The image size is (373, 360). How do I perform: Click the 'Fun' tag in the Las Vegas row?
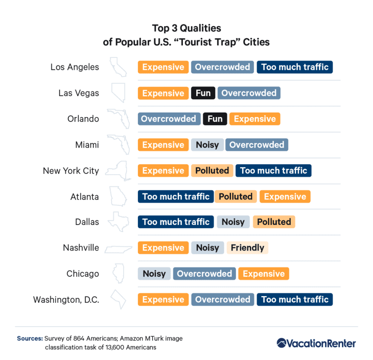point(203,93)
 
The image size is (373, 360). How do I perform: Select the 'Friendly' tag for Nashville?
point(247,248)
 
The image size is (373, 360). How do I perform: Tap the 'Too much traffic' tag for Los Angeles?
point(295,67)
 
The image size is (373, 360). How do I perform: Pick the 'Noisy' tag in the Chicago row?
point(154,274)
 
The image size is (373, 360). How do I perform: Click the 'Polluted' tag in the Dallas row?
point(274,222)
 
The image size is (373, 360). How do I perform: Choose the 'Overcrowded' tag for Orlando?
point(169,119)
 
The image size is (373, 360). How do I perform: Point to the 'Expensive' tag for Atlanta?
point(285,196)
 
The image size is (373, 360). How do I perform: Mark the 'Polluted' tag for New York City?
point(212,170)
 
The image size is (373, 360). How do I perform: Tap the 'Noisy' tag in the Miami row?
point(207,145)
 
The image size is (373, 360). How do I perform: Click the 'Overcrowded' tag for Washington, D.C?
point(223,299)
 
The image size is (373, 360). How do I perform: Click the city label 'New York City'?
point(71,171)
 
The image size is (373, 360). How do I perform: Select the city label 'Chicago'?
point(82,274)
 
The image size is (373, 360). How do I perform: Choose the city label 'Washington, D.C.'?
point(66,300)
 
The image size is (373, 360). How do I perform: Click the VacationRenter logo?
point(316,343)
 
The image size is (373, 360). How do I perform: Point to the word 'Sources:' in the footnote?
point(30,338)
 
